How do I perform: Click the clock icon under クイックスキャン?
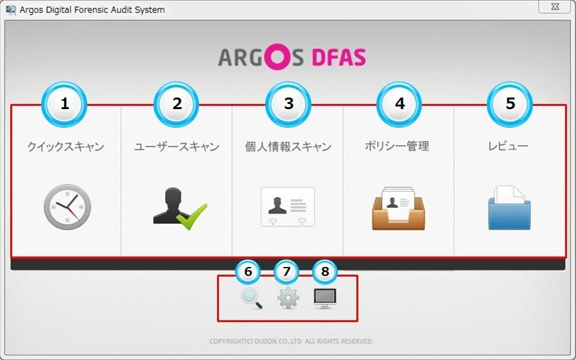click(x=67, y=207)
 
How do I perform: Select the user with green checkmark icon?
click(x=180, y=209)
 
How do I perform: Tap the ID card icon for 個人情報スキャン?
click(x=288, y=207)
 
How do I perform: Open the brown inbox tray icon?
click(x=399, y=209)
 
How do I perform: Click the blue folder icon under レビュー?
click(x=509, y=208)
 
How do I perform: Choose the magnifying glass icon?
click(x=252, y=298)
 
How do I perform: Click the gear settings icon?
click(x=288, y=298)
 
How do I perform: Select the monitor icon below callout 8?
click(x=325, y=298)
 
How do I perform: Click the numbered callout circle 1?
click(x=64, y=104)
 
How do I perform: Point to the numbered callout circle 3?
click(x=288, y=104)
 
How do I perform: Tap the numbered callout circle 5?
click(x=510, y=104)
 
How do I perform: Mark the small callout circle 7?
click(x=286, y=272)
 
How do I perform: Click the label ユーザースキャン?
click(x=177, y=146)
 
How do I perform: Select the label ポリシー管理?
click(x=397, y=146)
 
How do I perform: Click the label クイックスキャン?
click(x=65, y=146)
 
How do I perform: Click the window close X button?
click(x=555, y=6)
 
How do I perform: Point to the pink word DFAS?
click(x=338, y=57)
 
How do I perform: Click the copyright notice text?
click(x=292, y=341)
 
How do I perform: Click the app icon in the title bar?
click(x=11, y=10)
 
